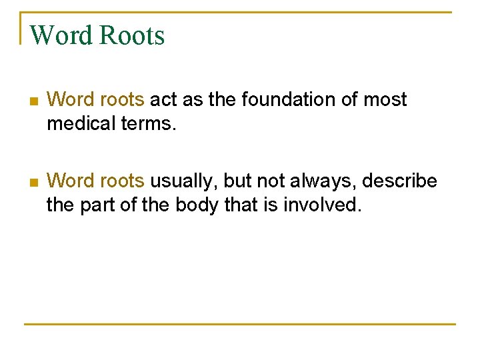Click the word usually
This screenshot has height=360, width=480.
pos(183,181)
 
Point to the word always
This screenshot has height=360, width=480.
pos(325,181)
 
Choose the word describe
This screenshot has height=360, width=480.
pos(400,181)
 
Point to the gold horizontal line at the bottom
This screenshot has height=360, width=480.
pos(240,324)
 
